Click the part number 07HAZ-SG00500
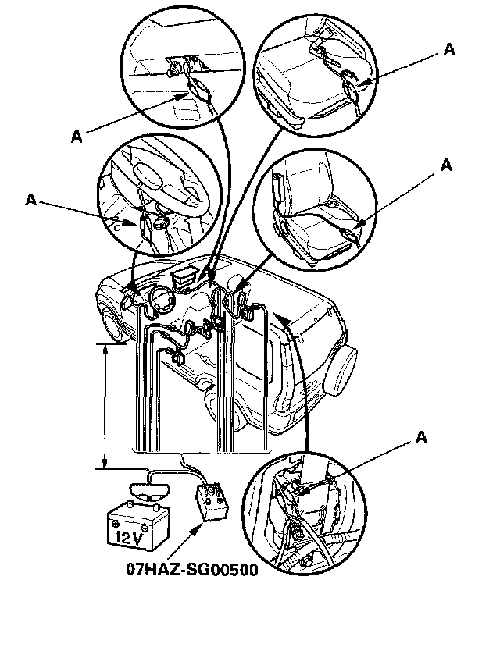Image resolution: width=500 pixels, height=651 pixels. pyautogui.click(x=192, y=569)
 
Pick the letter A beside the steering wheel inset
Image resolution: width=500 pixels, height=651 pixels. pyautogui.click(x=30, y=200)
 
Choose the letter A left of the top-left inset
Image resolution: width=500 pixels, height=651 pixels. pyautogui.click(x=77, y=136)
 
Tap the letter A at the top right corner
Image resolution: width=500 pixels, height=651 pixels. pyautogui.click(x=448, y=49)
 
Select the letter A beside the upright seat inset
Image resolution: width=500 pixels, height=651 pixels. pyautogui.click(x=446, y=165)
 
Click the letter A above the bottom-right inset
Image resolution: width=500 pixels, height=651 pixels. pyautogui.click(x=422, y=436)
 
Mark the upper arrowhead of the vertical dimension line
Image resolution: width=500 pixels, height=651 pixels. pyautogui.click(x=105, y=347)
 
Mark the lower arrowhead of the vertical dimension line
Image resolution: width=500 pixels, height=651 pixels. pyautogui.click(x=105, y=466)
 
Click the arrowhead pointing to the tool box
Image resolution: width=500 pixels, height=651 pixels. pyautogui.click(x=194, y=533)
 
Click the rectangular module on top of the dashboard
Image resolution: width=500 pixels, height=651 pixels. pyautogui.click(x=185, y=277)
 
